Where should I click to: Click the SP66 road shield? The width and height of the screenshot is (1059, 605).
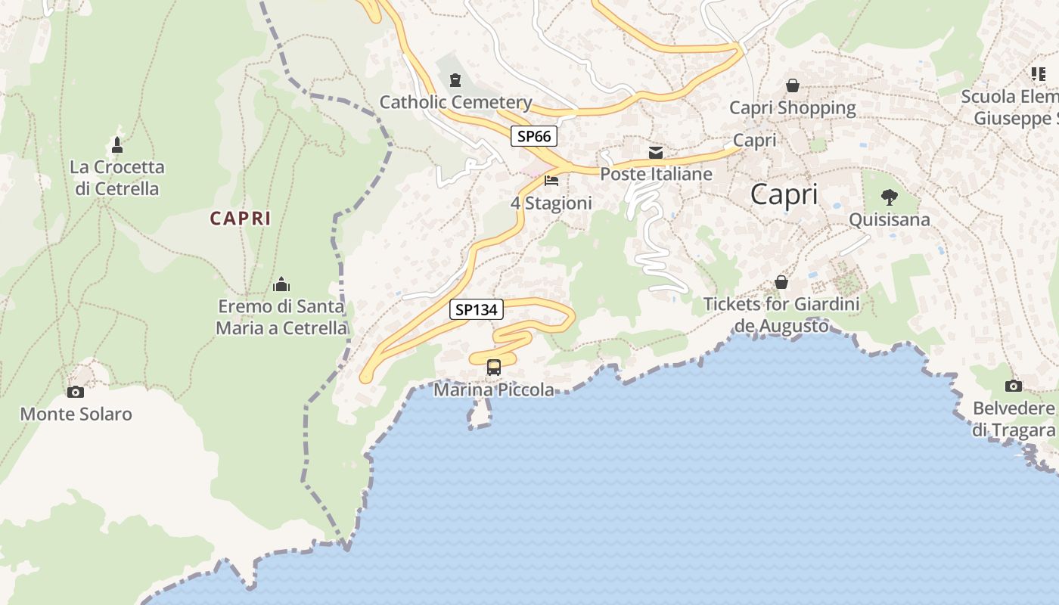click(534, 136)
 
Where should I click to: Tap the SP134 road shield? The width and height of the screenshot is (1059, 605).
click(477, 309)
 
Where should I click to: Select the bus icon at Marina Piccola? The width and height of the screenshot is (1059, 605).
click(494, 368)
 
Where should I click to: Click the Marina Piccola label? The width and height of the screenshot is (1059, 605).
click(493, 390)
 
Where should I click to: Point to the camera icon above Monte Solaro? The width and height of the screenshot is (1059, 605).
click(76, 392)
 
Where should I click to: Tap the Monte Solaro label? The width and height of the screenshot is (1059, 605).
click(76, 414)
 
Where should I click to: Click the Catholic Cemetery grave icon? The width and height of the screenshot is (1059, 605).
click(455, 79)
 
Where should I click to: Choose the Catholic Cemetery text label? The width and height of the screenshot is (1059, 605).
click(455, 102)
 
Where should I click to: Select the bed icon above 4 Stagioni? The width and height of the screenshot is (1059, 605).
click(551, 181)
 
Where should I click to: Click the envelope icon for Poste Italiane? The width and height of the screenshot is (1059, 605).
click(656, 153)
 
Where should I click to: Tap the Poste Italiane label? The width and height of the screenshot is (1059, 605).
click(656, 174)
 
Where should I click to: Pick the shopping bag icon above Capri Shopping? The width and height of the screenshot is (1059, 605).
click(793, 85)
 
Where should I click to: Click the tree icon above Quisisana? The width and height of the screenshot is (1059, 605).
click(890, 197)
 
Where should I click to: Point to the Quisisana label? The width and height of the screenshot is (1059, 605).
click(890, 220)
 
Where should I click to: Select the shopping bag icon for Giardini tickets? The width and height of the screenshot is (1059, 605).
click(781, 282)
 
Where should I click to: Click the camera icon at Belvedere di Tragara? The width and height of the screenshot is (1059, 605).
click(1014, 386)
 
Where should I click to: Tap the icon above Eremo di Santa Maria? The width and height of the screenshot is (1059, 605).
click(281, 284)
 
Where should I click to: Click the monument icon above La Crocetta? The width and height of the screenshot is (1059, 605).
click(117, 144)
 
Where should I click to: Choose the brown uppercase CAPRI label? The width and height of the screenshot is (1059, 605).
click(240, 219)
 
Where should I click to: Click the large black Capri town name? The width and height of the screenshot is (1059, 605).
click(784, 194)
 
